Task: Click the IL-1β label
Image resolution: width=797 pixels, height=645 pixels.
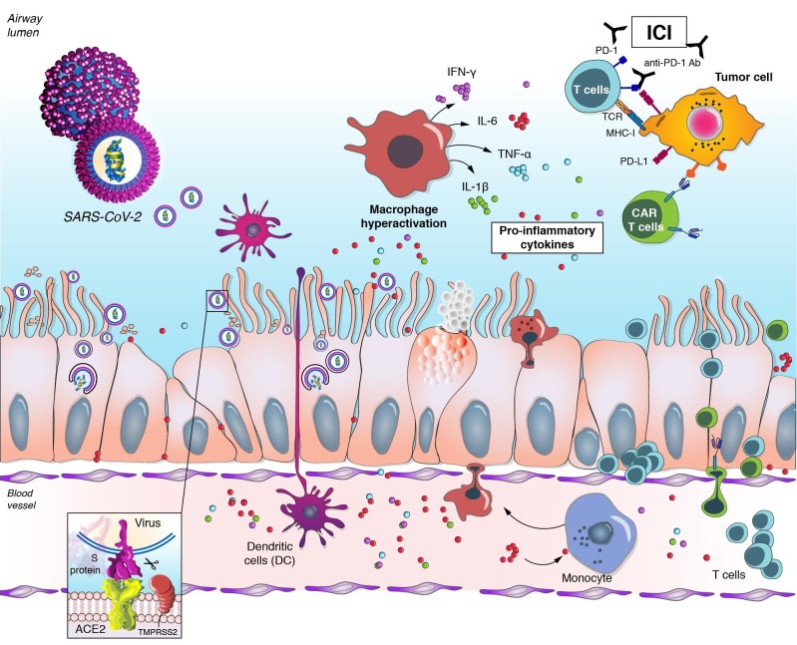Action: tap(449, 184)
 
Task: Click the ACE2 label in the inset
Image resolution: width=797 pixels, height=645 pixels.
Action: tap(85, 631)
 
